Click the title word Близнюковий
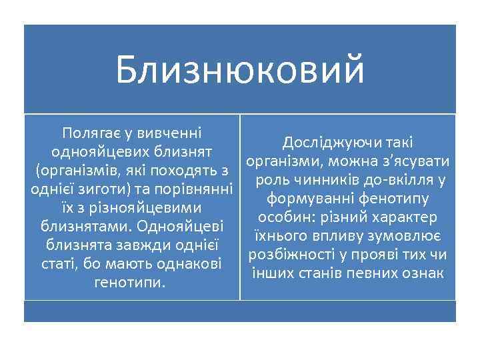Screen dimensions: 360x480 [240, 70]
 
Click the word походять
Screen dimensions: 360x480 [185, 170]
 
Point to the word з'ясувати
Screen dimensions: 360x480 [417, 161]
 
